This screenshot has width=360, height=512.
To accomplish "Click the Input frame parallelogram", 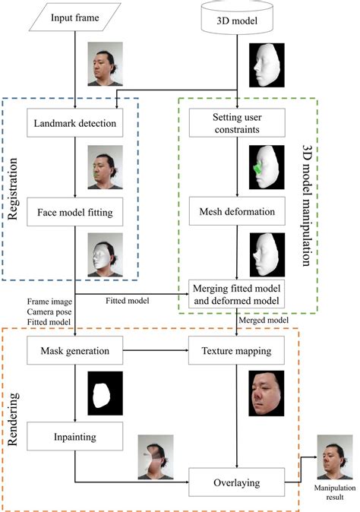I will [74, 17].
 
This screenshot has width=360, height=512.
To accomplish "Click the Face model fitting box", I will [74, 213].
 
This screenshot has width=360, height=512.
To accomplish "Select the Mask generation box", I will [74, 352].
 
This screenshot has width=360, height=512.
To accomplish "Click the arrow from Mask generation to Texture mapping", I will [156, 352].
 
